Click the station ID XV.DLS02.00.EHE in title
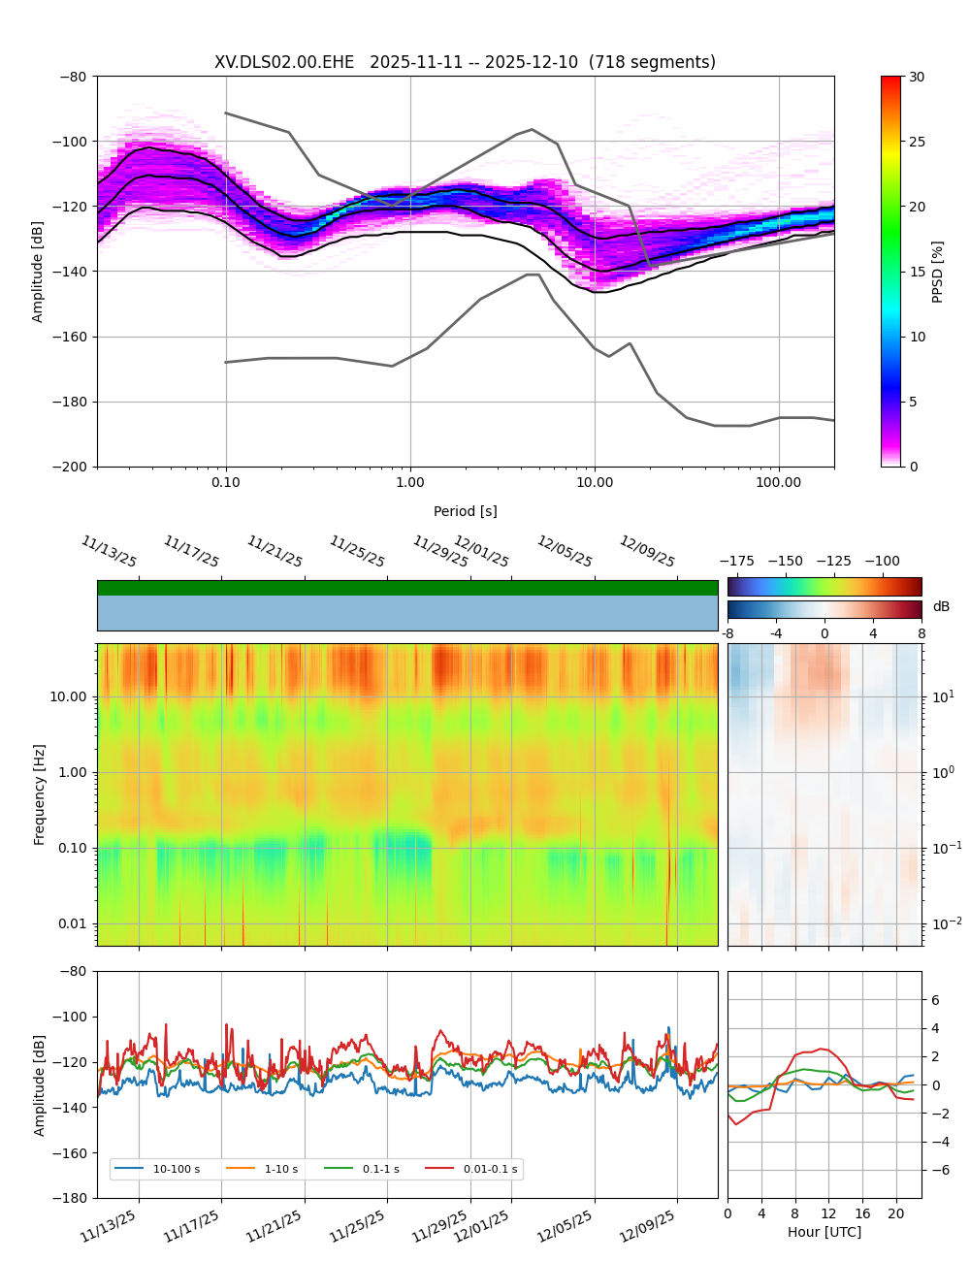coord(284,63)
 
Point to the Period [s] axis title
coord(466,511)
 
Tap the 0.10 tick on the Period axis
coord(226,482)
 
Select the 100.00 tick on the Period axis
coord(779,482)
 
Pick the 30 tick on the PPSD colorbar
coord(917,77)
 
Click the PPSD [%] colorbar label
coord(938,272)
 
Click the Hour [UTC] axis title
coord(824,1232)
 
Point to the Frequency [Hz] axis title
coord(40,794)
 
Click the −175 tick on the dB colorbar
coord(737,561)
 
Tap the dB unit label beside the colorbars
coord(941,607)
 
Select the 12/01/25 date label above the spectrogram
coord(481,552)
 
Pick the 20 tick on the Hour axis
coord(896,1213)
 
